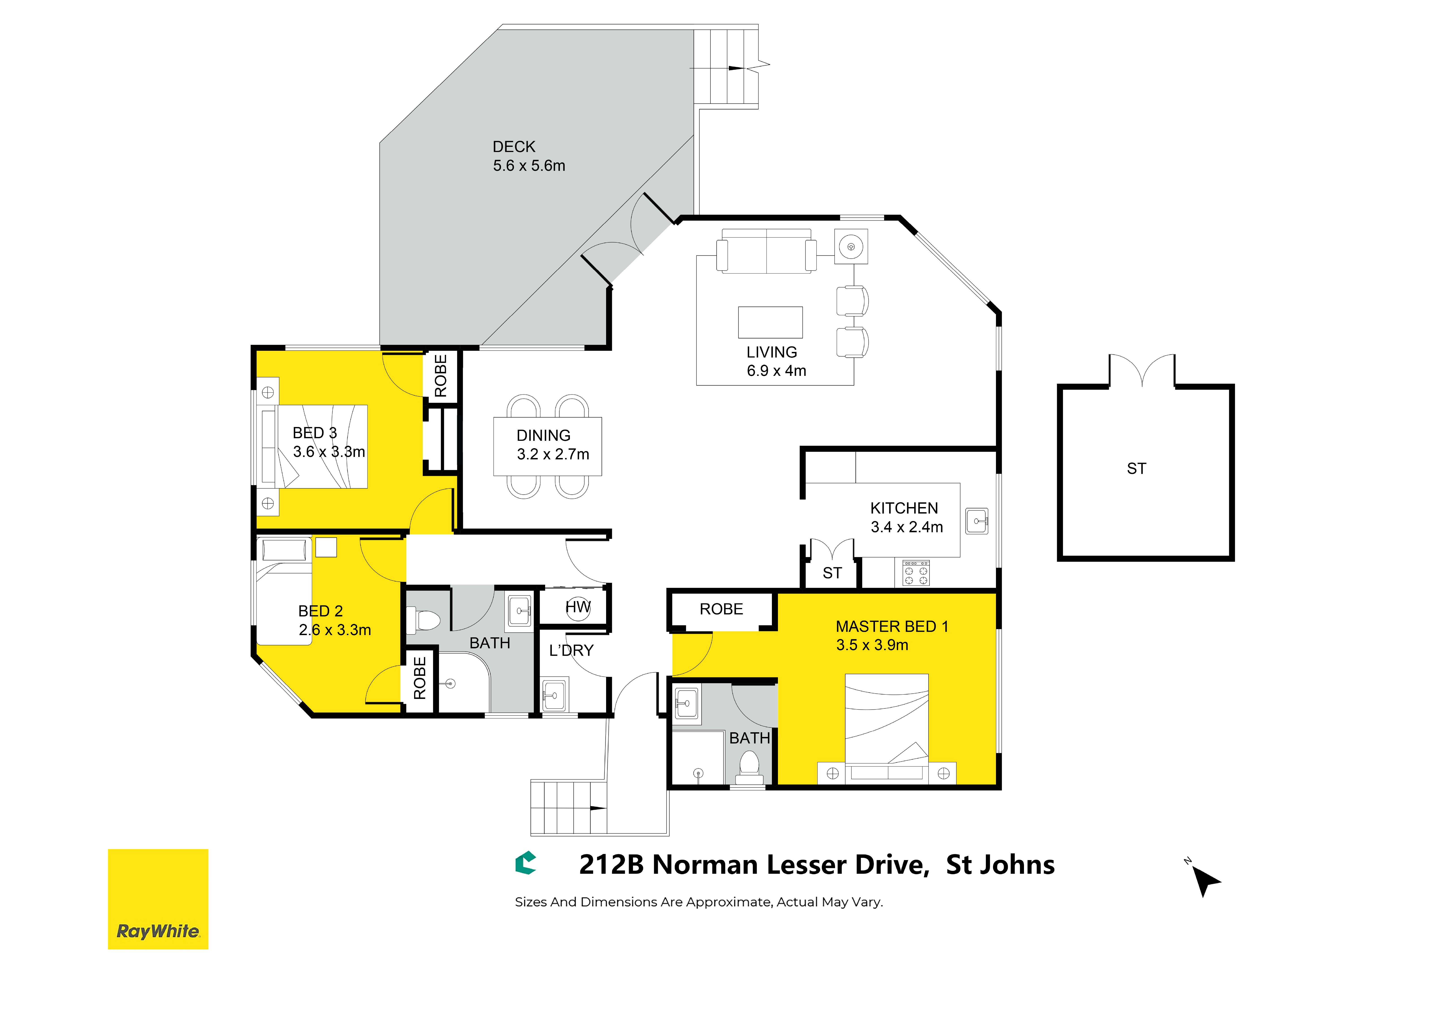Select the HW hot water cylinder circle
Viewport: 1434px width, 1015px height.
(x=578, y=608)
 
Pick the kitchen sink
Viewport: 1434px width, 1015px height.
(x=977, y=521)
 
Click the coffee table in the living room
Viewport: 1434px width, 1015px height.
(x=771, y=323)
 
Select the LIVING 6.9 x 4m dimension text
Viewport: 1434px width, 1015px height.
(x=777, y=371)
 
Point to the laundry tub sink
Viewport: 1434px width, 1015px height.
(x=553, y=694)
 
